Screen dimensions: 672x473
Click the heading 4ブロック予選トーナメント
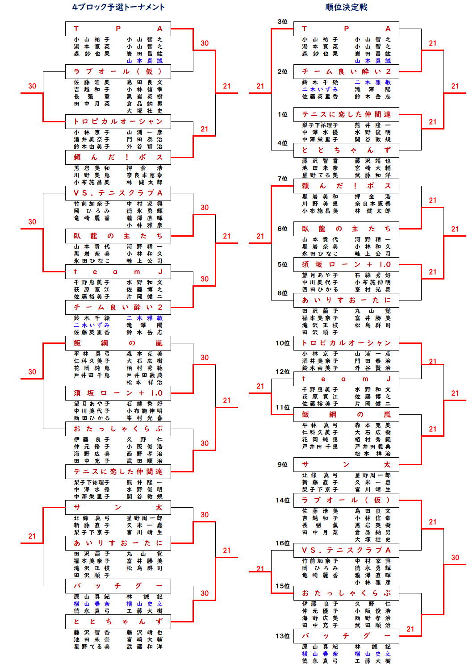coord(118,7)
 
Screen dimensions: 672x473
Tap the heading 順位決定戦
coord(346,7)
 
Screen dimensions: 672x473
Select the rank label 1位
coord(282,115)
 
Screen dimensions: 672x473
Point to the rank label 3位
coord(282,22)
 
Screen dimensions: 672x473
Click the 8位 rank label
coord(282,293)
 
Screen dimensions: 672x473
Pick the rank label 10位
coord(282,343)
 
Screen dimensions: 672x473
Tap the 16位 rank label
coord(282,543)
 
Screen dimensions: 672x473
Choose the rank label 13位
coord(282,636)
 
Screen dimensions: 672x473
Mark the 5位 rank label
coord(282,265)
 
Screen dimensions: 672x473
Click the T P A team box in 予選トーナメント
coord(118,29)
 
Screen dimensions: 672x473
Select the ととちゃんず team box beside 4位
coord(346,150)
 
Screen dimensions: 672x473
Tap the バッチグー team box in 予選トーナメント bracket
coord(118,586)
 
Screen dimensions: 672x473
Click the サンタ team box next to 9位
coord(346,464)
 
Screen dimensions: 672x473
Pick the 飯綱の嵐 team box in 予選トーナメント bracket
coord(118,343)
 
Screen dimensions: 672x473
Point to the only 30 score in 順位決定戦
coord(455,558)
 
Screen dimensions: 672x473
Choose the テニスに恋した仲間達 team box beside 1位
coord(346,114)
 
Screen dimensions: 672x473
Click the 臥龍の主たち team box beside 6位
coord(346,229)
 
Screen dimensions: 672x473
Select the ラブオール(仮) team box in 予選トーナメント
coord(118,71)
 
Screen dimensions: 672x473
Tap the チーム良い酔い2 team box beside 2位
coord(346,71)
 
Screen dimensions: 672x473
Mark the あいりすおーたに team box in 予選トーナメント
coord(118,543)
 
